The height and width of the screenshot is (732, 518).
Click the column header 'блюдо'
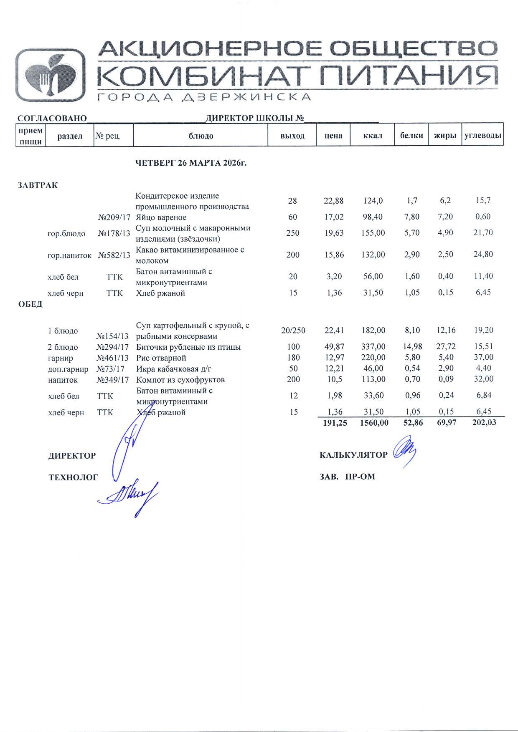[201, 136]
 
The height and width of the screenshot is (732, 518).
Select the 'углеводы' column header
[482, 135]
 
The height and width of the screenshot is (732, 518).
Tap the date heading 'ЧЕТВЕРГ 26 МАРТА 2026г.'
[191, 163]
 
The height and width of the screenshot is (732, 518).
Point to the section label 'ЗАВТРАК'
[38, 185]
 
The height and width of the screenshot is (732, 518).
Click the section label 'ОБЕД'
[30, 304]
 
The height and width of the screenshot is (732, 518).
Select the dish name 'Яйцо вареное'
[161, 217]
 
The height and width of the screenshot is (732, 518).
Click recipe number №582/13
[114, 255]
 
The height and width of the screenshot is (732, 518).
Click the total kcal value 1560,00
[373, 423]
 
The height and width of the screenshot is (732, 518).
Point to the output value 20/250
[293, 331]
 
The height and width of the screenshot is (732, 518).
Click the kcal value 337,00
[373, 347]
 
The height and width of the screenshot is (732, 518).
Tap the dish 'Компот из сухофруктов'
[180, 380]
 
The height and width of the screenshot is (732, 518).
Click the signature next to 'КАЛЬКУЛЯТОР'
[404, 452]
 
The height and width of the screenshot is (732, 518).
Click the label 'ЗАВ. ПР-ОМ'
[347, 476]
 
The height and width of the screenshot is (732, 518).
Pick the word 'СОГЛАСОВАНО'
[52, 119]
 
